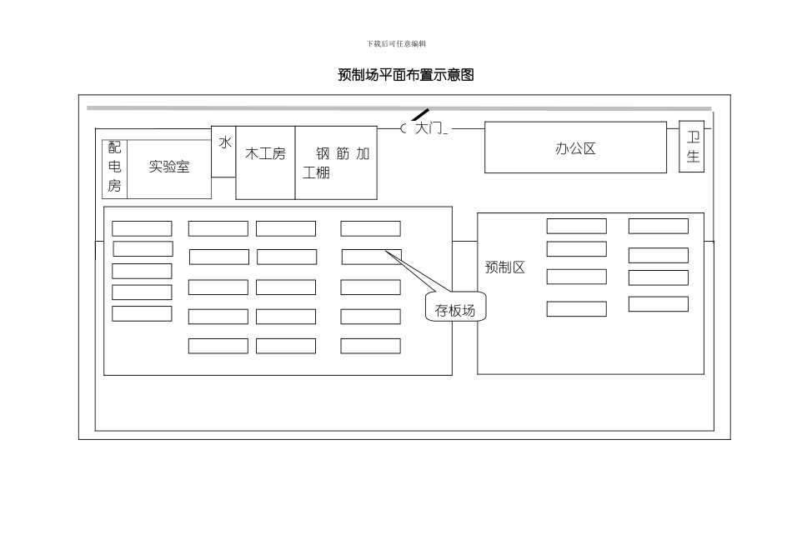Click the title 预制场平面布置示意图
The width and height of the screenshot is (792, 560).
click(405, 75)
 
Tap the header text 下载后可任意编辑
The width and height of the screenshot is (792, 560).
click(396, 43)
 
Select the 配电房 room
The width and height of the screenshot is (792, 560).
click(114, 167)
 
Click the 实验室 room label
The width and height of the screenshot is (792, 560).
click(169, 167)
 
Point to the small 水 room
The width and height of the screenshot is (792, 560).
click(224, 143)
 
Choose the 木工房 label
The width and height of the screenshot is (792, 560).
click(265, 154)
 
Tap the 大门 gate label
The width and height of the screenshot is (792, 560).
click(429, 128)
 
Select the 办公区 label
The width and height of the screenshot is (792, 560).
click(575, 149)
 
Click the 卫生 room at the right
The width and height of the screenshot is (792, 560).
click(692, 147)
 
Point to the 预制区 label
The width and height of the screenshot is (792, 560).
click(505, 267)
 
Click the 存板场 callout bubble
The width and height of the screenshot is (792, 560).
click(455, 311)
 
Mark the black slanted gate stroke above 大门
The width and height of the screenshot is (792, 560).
click(421, 115)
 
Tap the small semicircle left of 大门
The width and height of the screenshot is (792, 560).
click(404, 128)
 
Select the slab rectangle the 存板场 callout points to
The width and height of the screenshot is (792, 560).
click(371, 257)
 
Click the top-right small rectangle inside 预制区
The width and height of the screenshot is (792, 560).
click(658, 226)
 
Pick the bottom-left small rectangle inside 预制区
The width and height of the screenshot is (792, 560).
click(576, 309)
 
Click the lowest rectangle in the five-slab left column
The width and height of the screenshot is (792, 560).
click(142, 314)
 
